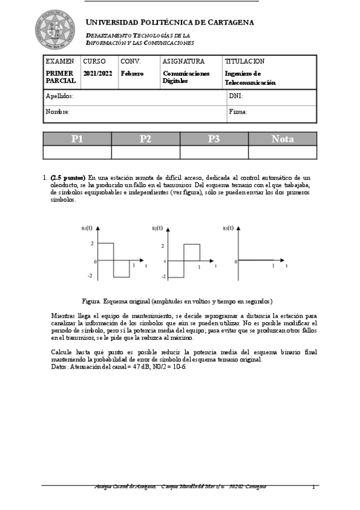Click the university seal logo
55,29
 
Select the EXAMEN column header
60,61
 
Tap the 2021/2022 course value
97,73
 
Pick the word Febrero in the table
132,73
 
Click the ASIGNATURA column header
183,61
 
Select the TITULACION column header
245,61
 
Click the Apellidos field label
59,96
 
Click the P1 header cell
77,139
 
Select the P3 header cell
214,139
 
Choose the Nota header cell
282,139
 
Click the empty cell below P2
145,152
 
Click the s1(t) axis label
87,228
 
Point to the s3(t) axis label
228,228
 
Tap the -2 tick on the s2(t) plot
163,277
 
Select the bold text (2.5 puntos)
68,178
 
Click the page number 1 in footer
313,486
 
